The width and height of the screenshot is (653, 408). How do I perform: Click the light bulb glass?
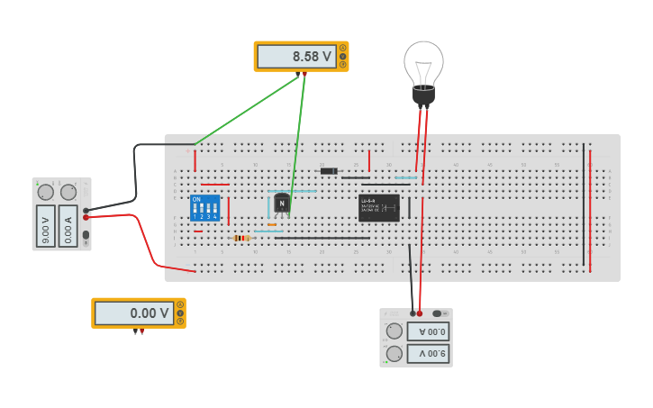pos(423,61)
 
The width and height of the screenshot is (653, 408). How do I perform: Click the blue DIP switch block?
pos(204,208)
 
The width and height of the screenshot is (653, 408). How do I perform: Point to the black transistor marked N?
pos(282,204)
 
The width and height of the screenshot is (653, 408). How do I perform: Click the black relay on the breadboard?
pos(378,208)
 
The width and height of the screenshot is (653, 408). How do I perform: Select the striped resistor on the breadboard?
pos(240,238)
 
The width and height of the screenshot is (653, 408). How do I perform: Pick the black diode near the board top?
pos(329,171)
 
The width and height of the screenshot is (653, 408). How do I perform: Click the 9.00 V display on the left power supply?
pos(46,225)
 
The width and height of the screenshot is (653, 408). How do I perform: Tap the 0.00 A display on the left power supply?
pos(68,225)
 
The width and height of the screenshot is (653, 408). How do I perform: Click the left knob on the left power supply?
pos(45,191)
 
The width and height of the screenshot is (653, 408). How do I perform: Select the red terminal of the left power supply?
pos(86,217)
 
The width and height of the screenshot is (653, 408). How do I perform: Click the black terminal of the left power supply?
pos(86,210)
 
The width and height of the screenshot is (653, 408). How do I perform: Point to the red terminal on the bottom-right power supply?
pos(420,313)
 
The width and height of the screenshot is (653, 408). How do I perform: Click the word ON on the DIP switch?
pos(196,199)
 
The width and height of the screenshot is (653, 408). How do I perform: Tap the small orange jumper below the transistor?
pos(271,224)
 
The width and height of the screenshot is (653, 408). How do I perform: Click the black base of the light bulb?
pos(423,94)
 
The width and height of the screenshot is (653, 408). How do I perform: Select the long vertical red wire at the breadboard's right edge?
pos(590,212)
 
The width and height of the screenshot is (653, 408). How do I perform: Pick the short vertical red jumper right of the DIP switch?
pos(229,212)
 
